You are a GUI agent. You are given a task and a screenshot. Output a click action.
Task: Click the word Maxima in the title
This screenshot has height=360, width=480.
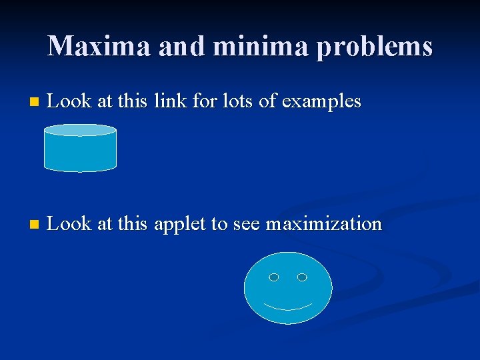(x=90, y=46)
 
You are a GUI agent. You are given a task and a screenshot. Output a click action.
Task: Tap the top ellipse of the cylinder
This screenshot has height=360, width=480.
(x=80, y=130)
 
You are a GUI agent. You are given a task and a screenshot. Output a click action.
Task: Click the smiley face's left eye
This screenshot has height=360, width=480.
(x=273, y=277)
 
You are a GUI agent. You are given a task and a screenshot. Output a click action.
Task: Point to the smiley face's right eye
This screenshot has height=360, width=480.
(x=302, y=277)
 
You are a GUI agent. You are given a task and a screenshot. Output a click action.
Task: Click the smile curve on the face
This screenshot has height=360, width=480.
(x=288, y=307)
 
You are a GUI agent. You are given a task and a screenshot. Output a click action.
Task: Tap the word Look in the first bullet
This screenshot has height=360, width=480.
(x=70, y=101)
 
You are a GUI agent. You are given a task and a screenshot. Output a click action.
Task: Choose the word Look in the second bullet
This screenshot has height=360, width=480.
(x=70, y=224)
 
